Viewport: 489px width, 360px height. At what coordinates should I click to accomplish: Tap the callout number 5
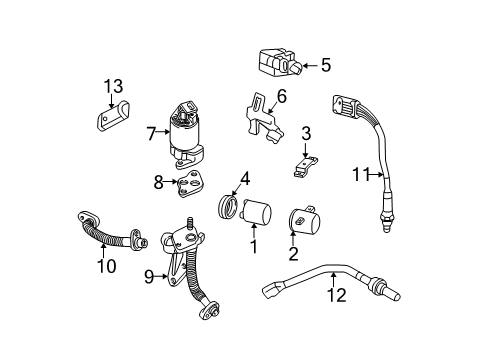(x=323, y=66)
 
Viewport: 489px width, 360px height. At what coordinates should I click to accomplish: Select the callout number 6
(x=281, y=96)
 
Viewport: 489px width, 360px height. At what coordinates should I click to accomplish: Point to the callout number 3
(x=307, y=132)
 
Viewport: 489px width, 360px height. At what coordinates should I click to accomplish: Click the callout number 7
(x=151, y=133)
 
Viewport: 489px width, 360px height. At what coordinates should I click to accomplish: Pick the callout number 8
(x=158, y=182)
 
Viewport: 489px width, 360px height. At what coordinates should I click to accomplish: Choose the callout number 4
(x=244, y=180)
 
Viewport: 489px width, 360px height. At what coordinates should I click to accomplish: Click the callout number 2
(x=293, y=255)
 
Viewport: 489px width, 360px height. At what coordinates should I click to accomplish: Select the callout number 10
(x=105, y=266)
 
